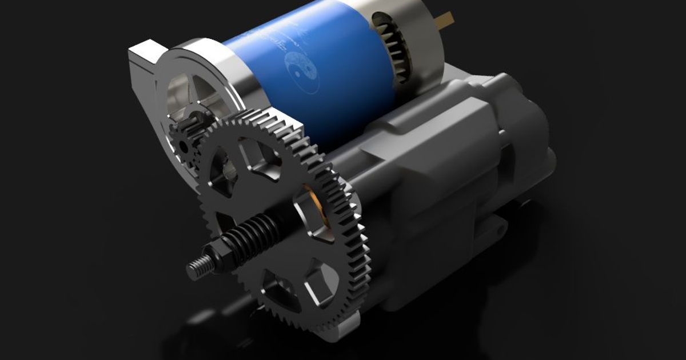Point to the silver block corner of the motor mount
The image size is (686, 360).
(x=140, y=57)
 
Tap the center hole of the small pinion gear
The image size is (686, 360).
(x=184, y=146)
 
